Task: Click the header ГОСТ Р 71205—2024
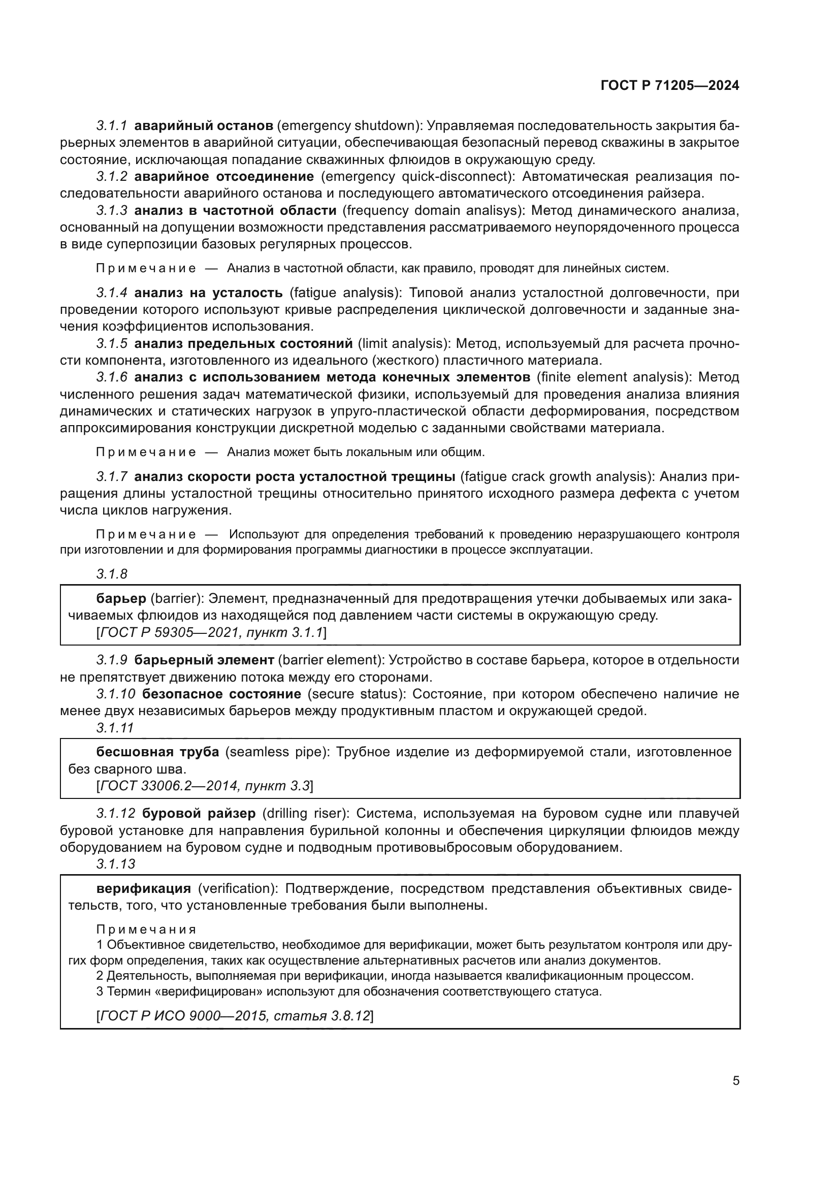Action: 669,86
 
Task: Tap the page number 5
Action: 735,1081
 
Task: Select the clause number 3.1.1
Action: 112,126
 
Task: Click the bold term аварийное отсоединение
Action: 224,176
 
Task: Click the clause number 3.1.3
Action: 112,211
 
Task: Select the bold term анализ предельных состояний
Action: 243,343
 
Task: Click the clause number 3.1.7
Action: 112,476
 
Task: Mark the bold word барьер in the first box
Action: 121,599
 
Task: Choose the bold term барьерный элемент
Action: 204,660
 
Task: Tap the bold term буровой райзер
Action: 199,813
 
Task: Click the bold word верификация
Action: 144,889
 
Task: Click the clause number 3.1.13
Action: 115,863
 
